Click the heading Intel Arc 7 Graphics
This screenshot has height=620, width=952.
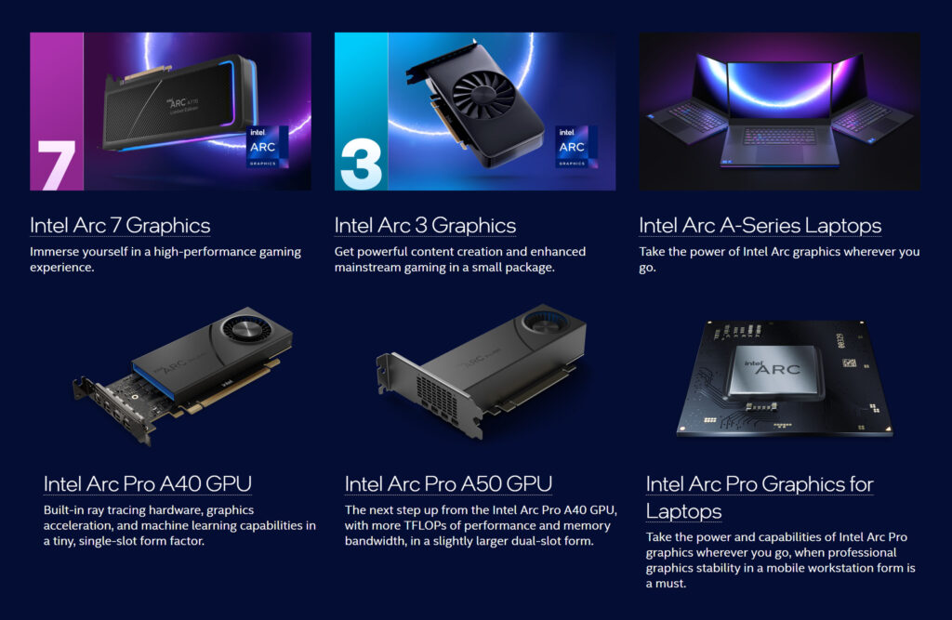(x=120, y=225)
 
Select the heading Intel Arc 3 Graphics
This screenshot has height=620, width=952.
(x=425, y=225)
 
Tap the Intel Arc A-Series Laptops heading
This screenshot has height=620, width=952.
(x=760, y=225)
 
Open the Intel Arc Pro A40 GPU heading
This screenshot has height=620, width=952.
(x=147, y=484)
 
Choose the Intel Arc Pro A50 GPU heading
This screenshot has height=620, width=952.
(x=448, y=484)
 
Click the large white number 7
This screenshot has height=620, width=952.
(x=57, y=165)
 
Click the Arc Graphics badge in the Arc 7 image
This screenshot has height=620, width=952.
(x=267, y=147)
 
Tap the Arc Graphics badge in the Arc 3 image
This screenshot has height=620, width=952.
(x=572, y=147)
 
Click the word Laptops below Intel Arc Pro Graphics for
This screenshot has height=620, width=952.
(x=683, y=511)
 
